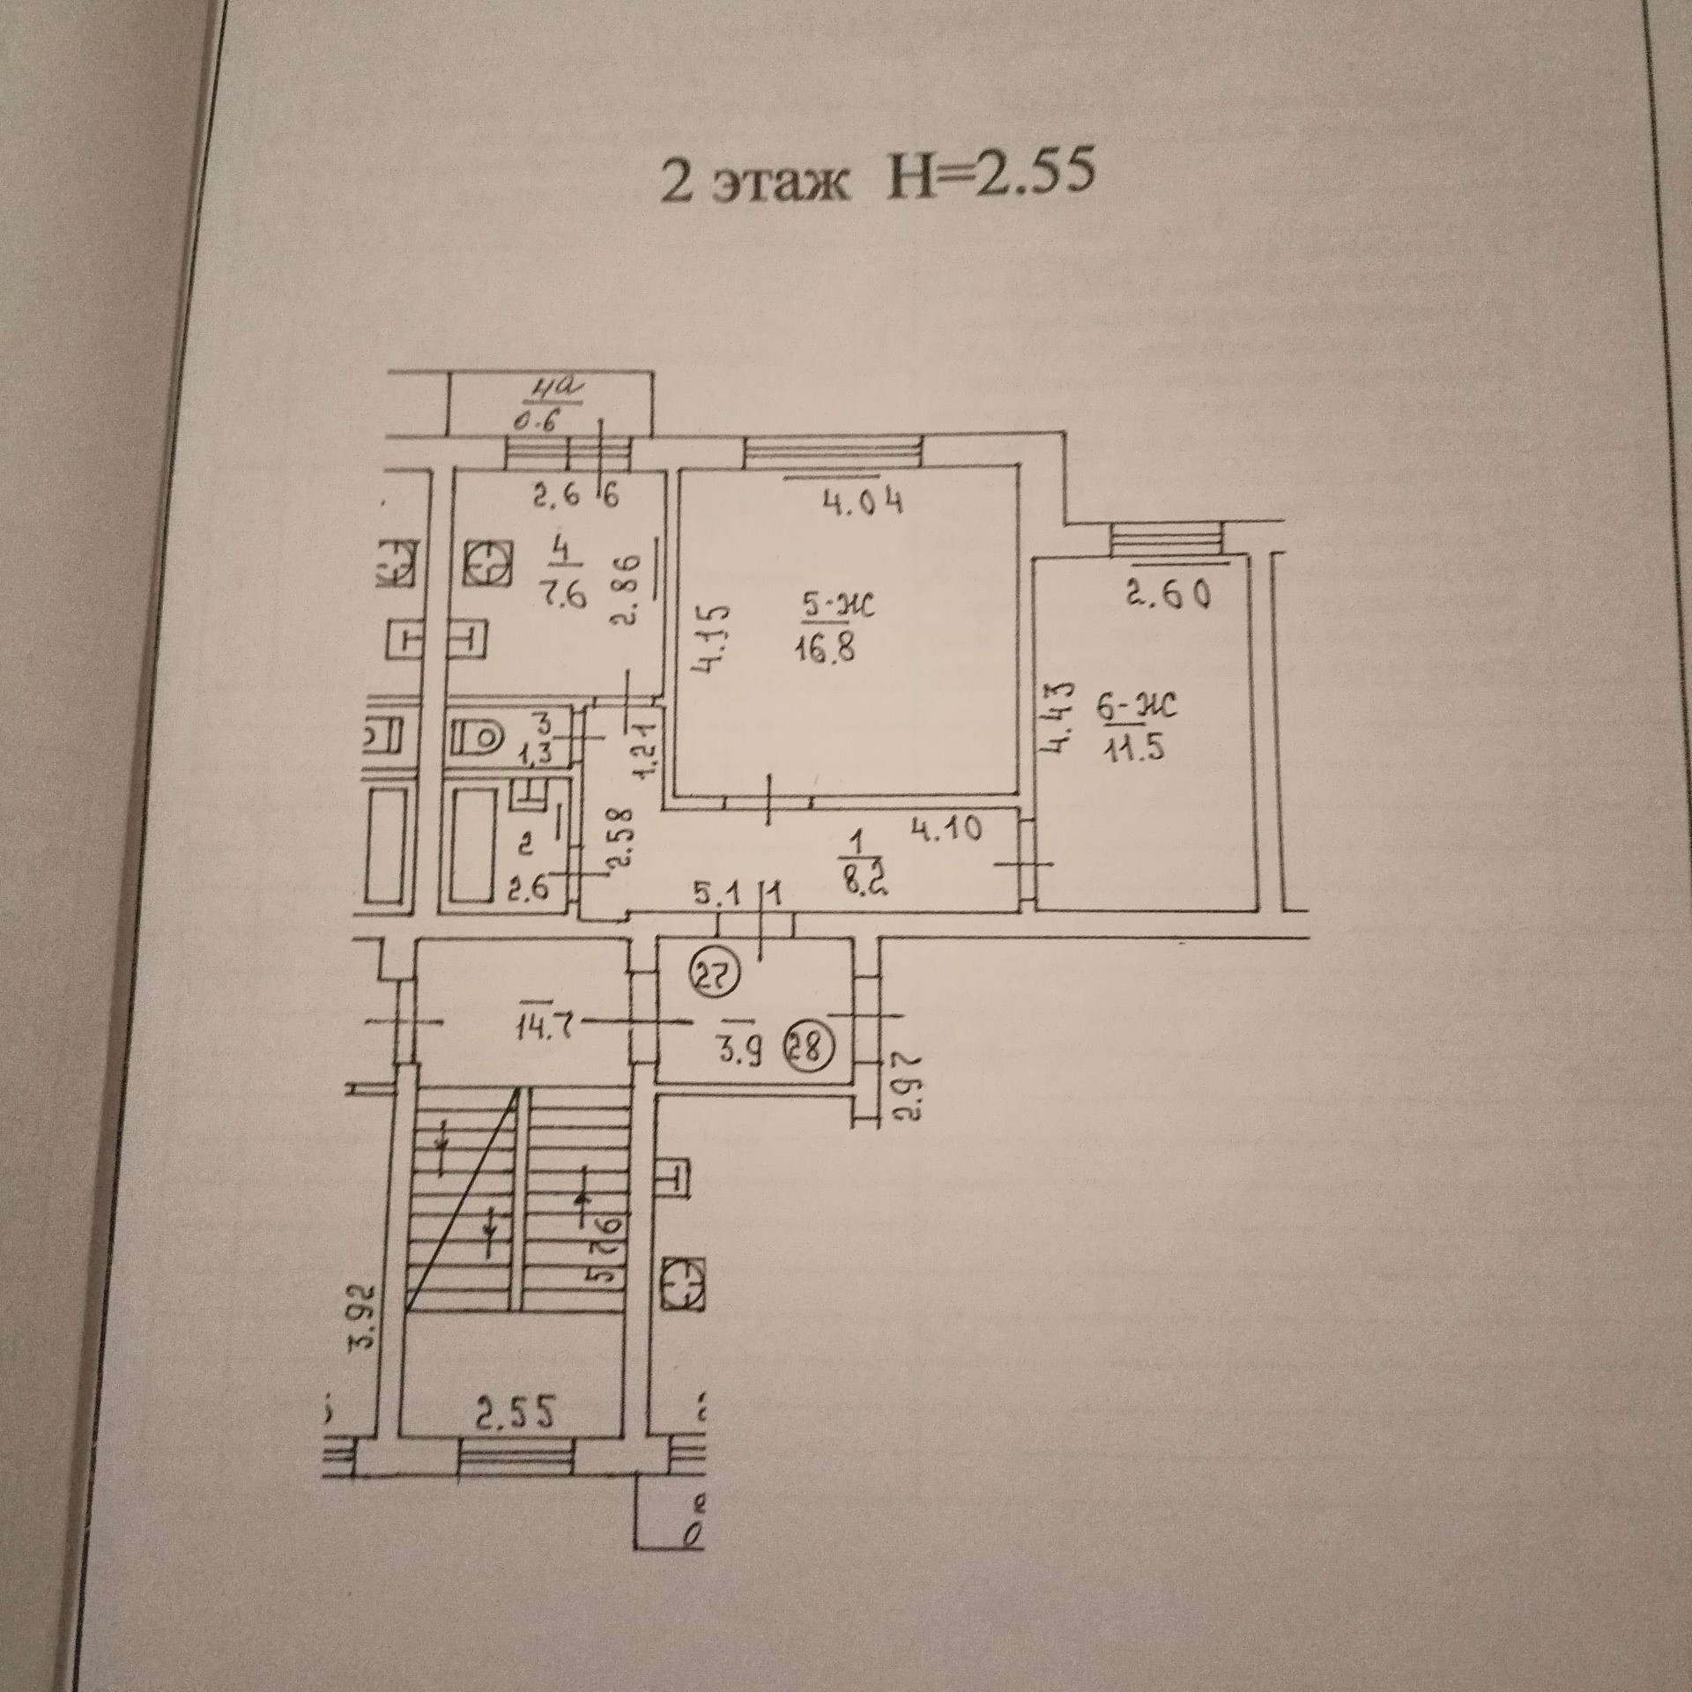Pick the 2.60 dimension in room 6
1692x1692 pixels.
pyautogui.click(x=1167, y=597)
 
